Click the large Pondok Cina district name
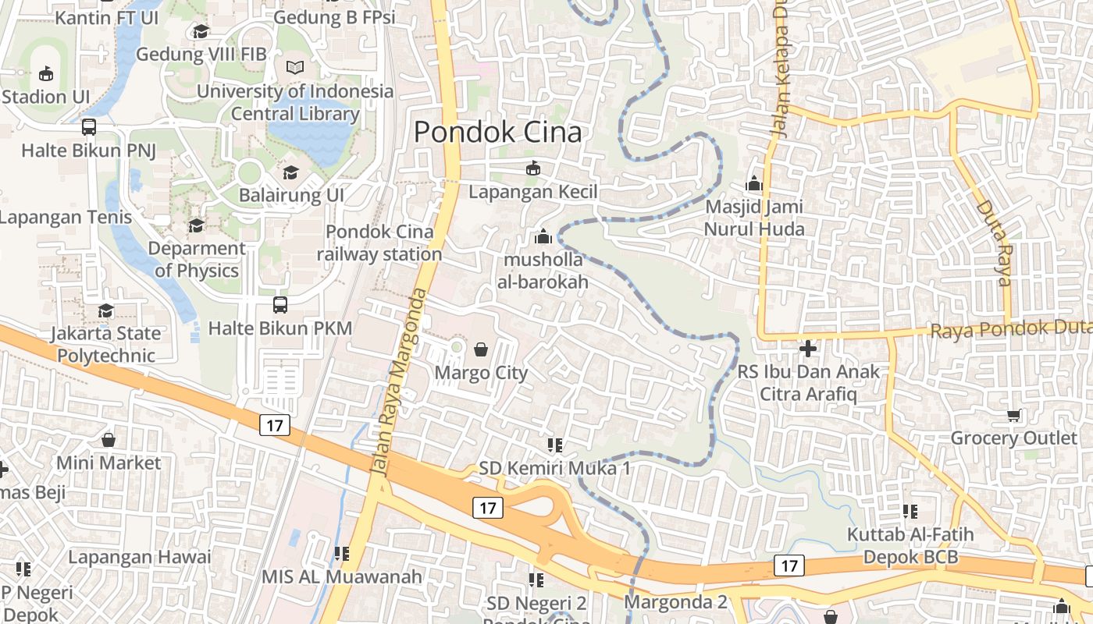click(497, 132)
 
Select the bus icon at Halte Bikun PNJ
click(89, 126)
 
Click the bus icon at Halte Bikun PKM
click(280, 305)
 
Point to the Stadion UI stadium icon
click(45, 74)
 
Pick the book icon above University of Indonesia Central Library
click(295, 68)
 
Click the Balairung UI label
click(291, 195)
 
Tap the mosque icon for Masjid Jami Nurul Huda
click(754, 184)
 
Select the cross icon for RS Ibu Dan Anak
click(808, 349)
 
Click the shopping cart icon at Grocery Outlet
click(1013, 415)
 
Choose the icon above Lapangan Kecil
click(534, 168)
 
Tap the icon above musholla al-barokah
click(543, 236)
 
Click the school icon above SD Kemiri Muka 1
click(555, 445)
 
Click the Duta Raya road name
click(995, 243)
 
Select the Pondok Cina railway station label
click(379, 243)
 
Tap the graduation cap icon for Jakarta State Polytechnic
click(106, 311)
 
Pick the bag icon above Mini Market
click(109, 440)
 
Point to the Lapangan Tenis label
click(66, 217)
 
